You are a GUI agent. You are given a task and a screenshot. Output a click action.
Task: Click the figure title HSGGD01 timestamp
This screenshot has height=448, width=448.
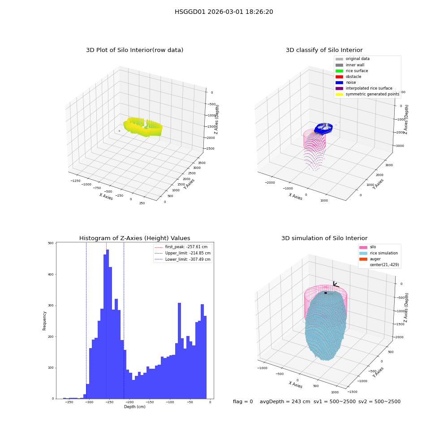[224, 12]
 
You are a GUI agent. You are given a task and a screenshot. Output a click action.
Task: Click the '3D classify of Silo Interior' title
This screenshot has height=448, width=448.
[324, 50]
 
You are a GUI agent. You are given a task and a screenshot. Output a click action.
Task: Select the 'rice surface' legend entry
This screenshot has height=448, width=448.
[351, 71]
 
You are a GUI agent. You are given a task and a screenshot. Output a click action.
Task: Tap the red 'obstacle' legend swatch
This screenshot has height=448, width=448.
[339, 77]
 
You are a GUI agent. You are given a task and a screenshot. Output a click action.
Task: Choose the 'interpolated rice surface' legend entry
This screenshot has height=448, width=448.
[364, 88]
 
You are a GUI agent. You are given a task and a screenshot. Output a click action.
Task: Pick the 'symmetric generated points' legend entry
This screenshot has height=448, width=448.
[367, 94]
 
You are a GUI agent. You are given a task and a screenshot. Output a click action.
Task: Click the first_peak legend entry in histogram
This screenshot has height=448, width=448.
[181, 247]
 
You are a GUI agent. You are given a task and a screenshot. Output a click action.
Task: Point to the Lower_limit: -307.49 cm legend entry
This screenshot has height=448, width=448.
[182, 259]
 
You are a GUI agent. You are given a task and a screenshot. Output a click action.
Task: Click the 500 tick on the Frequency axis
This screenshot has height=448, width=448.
[51, 243]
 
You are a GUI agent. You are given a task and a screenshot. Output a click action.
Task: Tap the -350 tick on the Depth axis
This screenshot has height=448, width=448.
[69, 402]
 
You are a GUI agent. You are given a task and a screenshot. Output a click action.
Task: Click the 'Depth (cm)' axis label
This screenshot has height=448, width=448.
[134, 407]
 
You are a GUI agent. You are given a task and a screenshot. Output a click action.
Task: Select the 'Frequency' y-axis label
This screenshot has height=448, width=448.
[44, 321]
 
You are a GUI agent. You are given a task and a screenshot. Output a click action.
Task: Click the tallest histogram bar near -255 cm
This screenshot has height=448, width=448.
[108, 324]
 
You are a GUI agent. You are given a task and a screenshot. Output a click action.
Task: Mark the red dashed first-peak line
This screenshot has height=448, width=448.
[106, 321]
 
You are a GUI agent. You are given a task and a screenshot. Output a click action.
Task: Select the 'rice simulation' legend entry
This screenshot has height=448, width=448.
[379, 253]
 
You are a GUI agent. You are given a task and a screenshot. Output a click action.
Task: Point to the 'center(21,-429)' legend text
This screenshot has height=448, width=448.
[384, 265]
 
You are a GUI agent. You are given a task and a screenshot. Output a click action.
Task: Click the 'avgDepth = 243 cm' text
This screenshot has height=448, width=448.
[285, 402]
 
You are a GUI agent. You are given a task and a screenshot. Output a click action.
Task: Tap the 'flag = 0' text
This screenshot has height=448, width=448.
[243, 402]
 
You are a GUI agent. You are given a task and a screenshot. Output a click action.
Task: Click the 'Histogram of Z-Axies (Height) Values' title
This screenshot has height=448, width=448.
[134, 238]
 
